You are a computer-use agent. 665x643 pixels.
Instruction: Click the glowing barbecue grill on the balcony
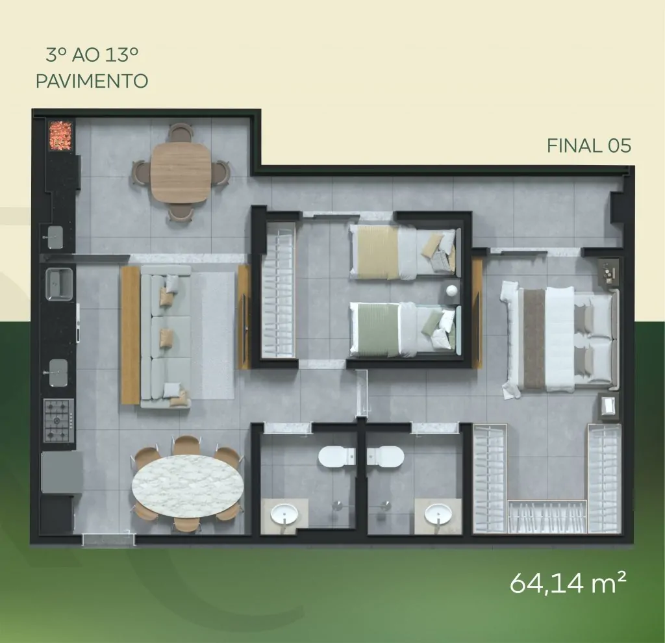pos(60,135)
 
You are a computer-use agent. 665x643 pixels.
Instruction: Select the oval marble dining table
pos(188,485)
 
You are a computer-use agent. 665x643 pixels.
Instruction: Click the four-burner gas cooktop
pos(59,420)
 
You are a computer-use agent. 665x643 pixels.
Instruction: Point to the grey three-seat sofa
pos(166,336)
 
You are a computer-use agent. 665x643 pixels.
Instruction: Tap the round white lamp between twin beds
pos(451,290)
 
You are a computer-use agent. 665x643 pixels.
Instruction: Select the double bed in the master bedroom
pos(560,339)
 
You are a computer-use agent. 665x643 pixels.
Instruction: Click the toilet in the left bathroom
pos(337,457)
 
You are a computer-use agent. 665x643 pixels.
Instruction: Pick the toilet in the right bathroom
pos(386,457)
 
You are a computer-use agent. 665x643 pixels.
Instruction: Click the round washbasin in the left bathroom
pos(284,514)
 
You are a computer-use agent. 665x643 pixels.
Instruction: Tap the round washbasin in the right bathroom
pos(438,514)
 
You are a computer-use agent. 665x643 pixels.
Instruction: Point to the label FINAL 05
pos(588,146)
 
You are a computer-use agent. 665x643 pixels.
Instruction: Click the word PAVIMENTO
pos(92,81)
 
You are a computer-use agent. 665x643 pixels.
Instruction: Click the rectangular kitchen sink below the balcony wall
pos(59,284)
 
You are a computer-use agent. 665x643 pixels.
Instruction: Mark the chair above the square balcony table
pos(180,132)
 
